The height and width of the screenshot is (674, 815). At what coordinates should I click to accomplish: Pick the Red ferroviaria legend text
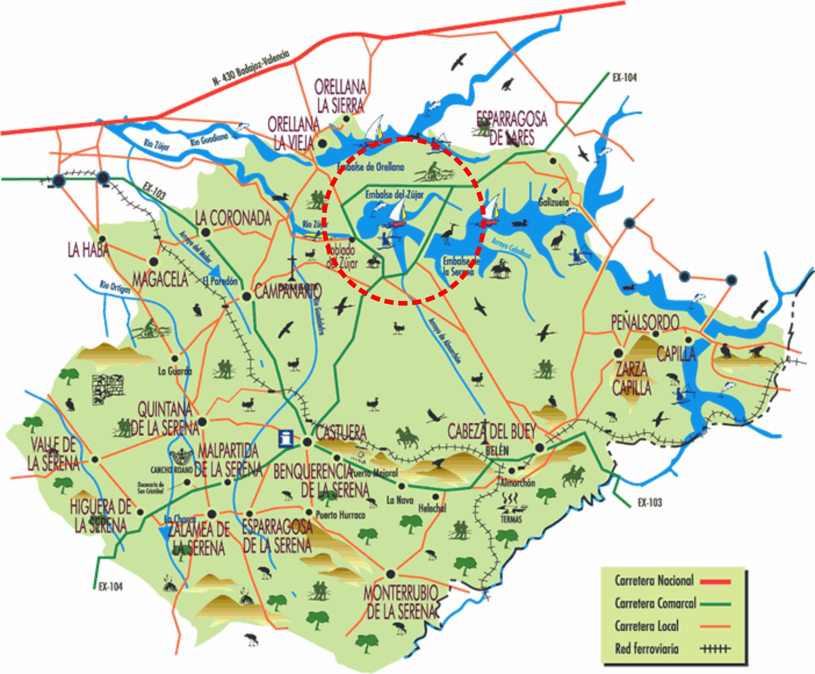pyautogui.click(x=647, y=649)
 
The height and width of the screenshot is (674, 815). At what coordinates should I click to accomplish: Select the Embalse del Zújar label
pyautogui.click(x=394, y=194)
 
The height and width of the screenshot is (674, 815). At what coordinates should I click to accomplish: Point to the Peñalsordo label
pyautogui.click(x=645, y=322)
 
